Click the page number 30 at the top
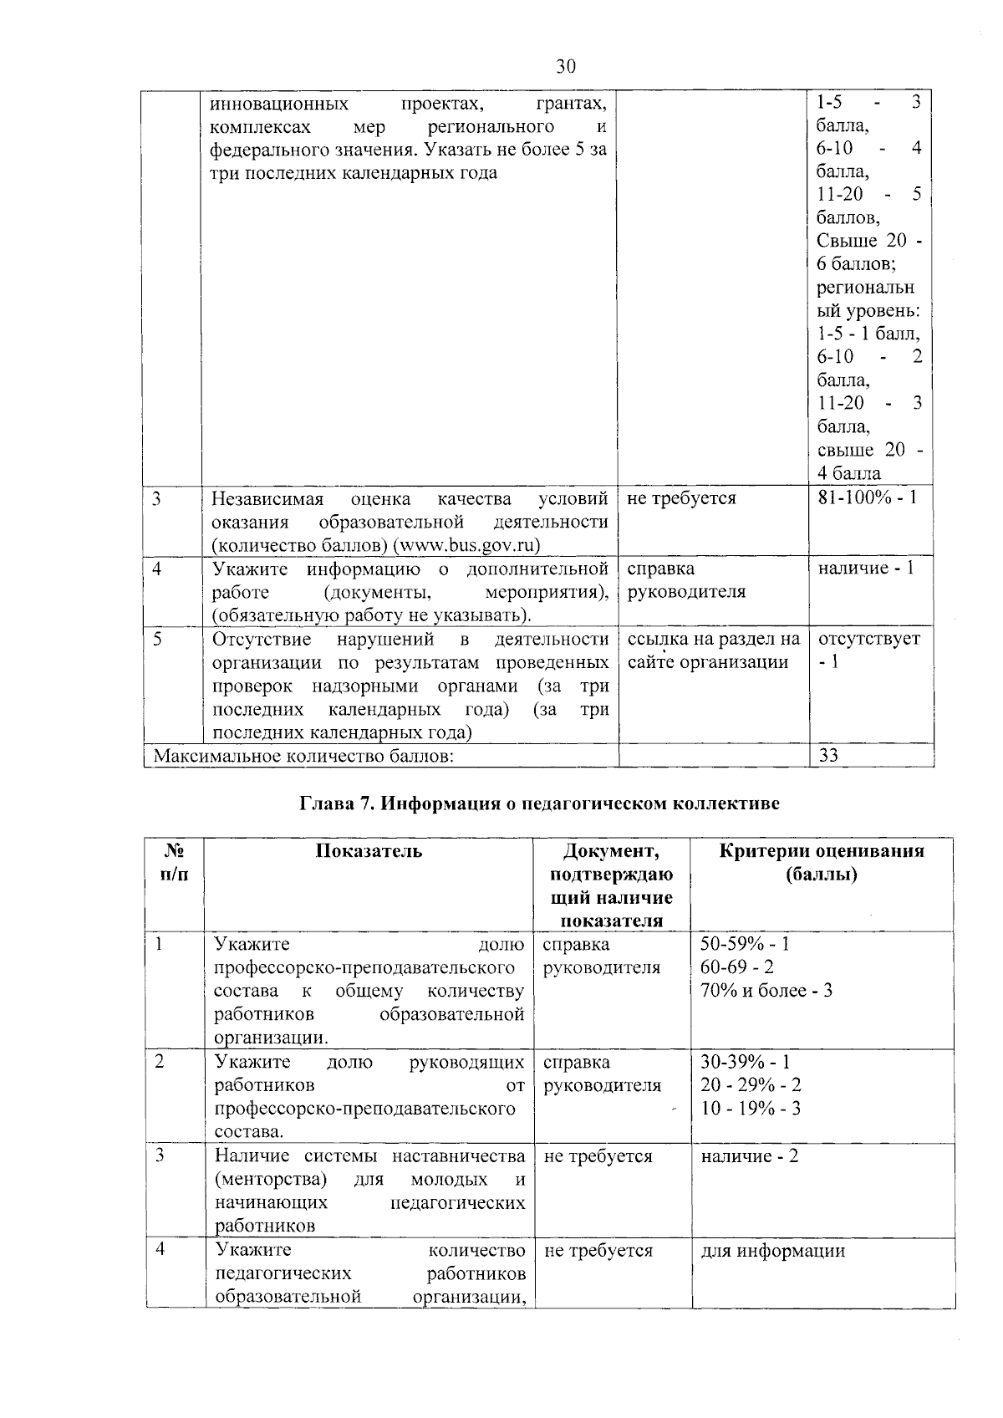pos(566,67)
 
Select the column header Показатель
pos(369,851)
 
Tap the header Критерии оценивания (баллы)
pos(822,862)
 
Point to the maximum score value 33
pos(828,755)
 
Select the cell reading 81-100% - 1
pos(867,497)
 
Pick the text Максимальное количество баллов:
pos(305,756)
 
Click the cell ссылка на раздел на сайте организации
pos(713,650)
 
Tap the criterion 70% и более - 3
pos(766,991)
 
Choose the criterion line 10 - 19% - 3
pos(751,1109)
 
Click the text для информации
pos(772,1251)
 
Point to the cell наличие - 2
pos(749,1156)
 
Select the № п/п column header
pos(174,862)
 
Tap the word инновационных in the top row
pos(279,104)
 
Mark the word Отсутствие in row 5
pos(262,640)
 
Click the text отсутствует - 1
pos(868,650)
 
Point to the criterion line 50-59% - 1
pos(745,944)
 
